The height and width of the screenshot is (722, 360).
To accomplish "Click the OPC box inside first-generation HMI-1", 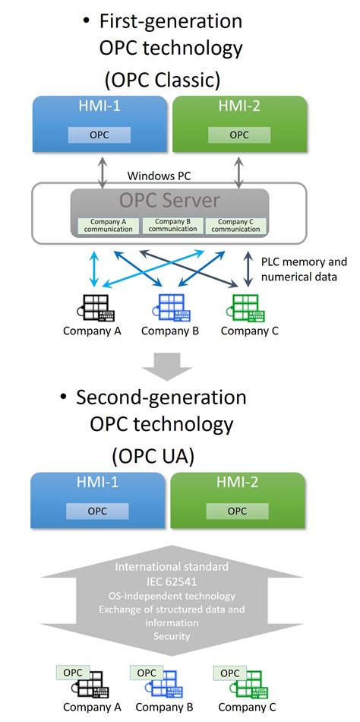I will (x=99, y=135).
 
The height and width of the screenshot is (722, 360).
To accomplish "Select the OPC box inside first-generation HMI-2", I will (x=238, y=135).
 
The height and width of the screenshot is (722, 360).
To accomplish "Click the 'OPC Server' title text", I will (x=169, y=201).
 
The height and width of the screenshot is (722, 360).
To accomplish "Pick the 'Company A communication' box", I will (x=108, y=225).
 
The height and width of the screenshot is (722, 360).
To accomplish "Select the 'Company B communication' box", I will (x=172, y=225).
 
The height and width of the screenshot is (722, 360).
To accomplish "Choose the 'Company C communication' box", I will (x=236, y=225).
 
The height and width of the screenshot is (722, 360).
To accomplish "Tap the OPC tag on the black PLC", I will (x=73, y=673).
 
